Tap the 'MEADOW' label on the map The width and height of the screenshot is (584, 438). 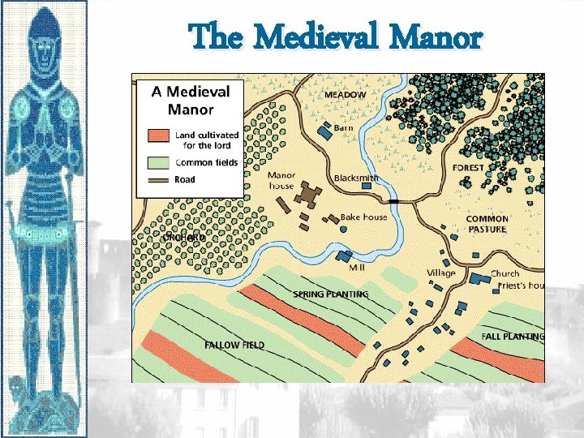pos(346,95)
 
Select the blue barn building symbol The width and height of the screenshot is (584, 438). pos(324,130)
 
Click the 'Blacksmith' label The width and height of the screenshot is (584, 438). pos(356,178)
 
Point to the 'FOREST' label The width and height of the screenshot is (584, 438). pos(468,168)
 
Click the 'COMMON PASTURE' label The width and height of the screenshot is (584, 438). pos(487,224)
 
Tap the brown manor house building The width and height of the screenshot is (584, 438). pos(307,195)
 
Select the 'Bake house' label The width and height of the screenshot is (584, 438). pos(363,217)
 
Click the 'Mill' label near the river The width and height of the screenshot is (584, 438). pos(357,266)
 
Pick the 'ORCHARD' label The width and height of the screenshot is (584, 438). pos(184,238)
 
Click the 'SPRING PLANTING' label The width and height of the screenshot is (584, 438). pos(331,294)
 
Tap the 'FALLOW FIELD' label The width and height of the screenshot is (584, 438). pos(234,345)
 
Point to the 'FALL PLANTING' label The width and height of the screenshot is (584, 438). pos(513,336)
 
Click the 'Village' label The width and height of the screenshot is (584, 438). pos(441,273)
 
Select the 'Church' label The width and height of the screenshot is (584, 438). pos(505,274)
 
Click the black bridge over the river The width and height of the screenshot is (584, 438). pos(394,200)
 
